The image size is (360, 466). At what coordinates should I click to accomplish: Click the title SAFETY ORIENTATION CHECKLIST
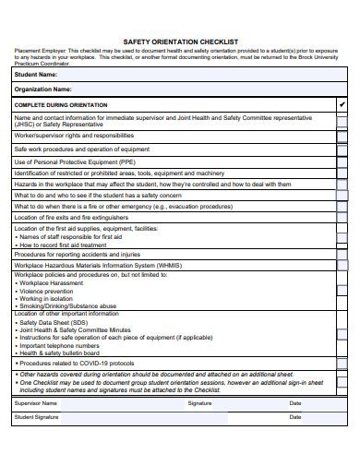pos(180,42)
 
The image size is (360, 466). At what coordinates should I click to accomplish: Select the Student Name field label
pos(36,74)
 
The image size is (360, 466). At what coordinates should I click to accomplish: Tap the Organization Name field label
pos(43,90)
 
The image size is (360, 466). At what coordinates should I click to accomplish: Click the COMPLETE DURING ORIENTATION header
pos(61,105)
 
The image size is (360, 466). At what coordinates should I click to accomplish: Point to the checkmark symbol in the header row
pos(342,105)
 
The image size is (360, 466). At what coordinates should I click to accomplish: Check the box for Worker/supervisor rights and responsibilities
pos(342,135)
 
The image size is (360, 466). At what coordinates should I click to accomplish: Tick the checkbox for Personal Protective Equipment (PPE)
pos(342,161)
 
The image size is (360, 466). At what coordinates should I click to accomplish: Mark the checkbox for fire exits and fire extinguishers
pos(342,217)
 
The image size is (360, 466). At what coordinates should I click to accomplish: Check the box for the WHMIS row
pos(342,264)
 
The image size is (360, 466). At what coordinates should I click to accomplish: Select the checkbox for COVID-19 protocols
pos(342,363)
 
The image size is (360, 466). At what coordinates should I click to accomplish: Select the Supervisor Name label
pos(36,403)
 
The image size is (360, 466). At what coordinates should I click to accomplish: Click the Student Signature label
pos(36,418)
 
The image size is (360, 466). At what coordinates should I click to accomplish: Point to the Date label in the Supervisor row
pos(294,403)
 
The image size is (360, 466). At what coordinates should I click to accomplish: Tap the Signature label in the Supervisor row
pos(199,403)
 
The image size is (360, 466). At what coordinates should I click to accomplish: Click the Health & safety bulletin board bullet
pos(60,352)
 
